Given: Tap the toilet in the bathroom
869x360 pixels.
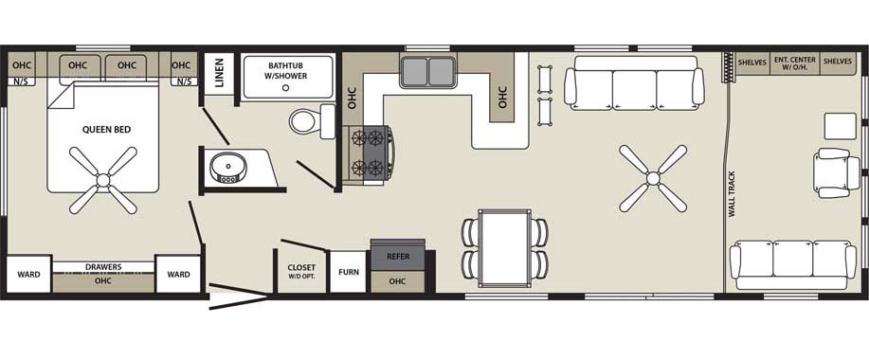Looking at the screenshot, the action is click(312, 120).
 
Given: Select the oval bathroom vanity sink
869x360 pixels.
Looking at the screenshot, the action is click(225, 167).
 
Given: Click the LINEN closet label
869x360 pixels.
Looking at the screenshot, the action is click(219, 73).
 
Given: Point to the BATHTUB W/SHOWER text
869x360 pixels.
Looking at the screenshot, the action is click(288, 70).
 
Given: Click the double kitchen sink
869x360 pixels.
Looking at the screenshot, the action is click(428, 72).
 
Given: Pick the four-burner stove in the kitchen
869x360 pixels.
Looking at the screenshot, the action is click(369, 153).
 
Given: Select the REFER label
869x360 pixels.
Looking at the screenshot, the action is click(398, 257).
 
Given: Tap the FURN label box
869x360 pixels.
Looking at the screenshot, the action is click(349, 272).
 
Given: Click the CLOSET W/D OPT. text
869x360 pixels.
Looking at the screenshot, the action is click(301, 271).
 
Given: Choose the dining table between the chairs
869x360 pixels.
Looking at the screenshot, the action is click(504, 248).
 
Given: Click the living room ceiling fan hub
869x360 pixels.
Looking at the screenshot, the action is click(653, 178).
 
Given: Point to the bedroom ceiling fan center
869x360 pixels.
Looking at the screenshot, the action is click(103, 180).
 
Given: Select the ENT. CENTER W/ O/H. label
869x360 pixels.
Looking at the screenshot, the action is click(795, 63).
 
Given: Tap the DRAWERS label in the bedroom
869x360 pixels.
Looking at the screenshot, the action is click(103, 267).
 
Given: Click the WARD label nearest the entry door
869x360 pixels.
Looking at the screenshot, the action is click(178, 274).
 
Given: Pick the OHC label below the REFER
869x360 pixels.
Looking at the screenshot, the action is click(397, 281).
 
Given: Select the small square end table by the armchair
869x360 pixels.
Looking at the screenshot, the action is click(841, 126).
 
